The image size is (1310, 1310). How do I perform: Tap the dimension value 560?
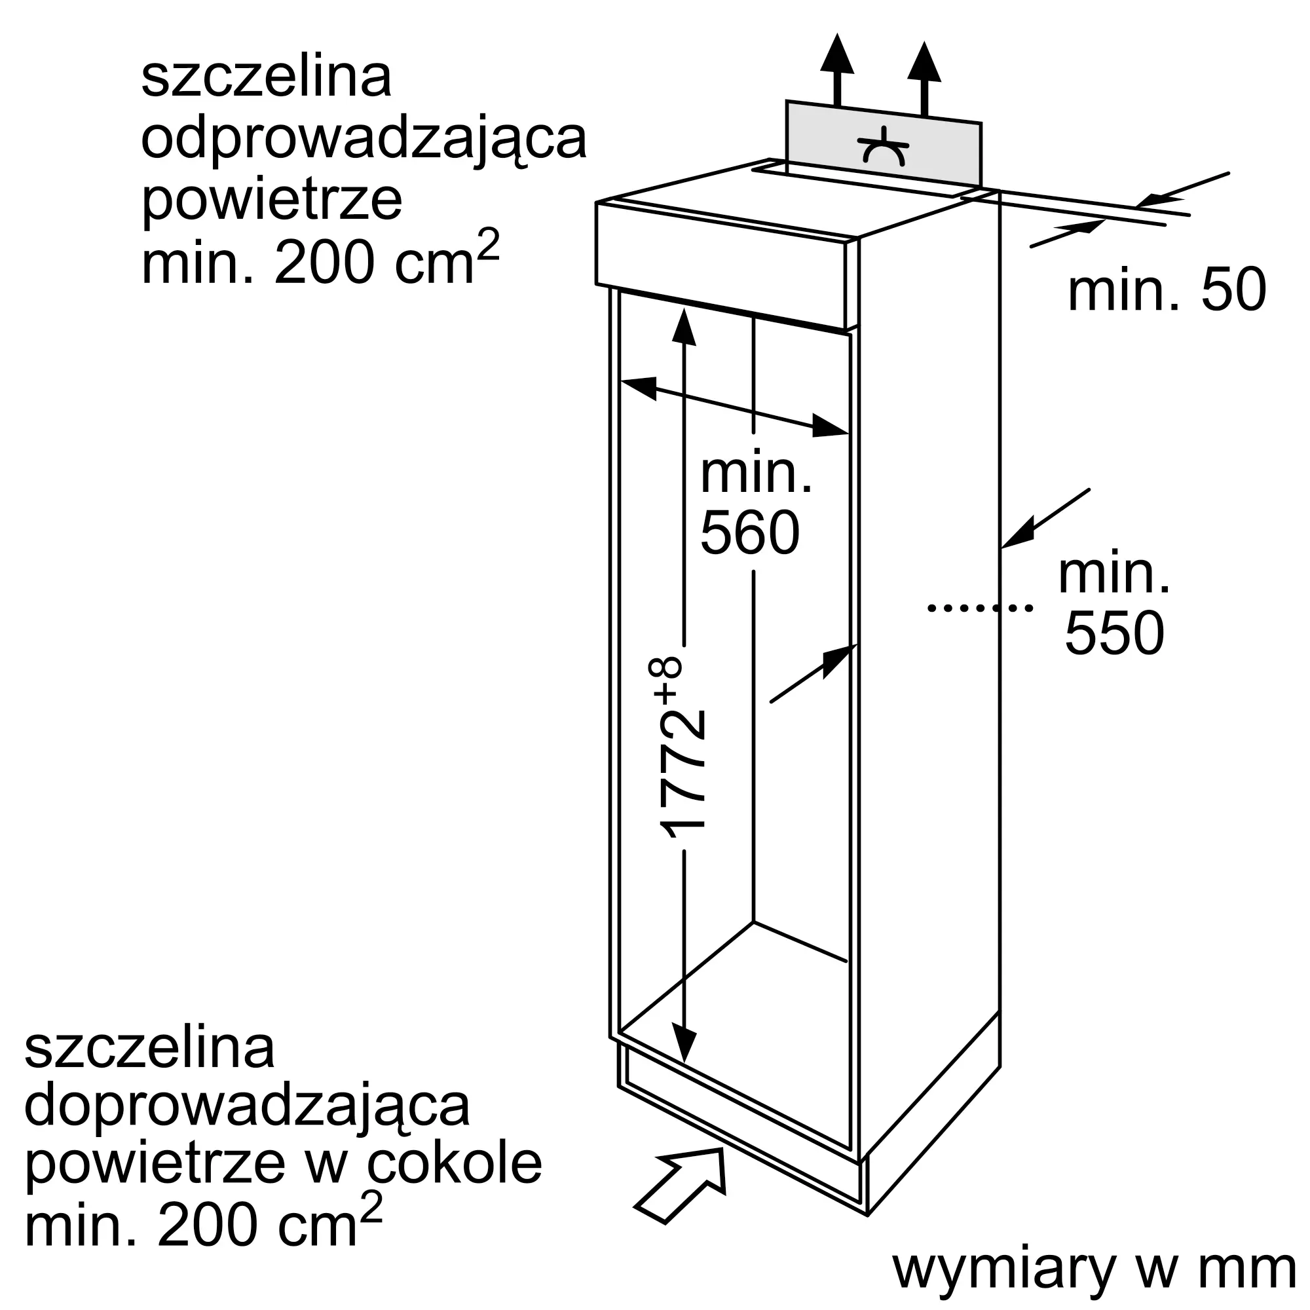[x=750, y=534]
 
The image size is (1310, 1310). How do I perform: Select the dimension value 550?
[x=1115, y=633]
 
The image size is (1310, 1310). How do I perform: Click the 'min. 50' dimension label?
[x=1167, y=290]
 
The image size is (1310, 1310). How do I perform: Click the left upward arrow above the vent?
[x=836, y=68]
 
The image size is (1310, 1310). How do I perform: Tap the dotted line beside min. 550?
[x=980, y=608]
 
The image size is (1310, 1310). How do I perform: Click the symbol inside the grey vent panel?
[x=884, y=148]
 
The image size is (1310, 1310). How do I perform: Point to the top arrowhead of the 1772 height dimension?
[x=684, y=328]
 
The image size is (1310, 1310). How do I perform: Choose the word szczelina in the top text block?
[x=266, y=77]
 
